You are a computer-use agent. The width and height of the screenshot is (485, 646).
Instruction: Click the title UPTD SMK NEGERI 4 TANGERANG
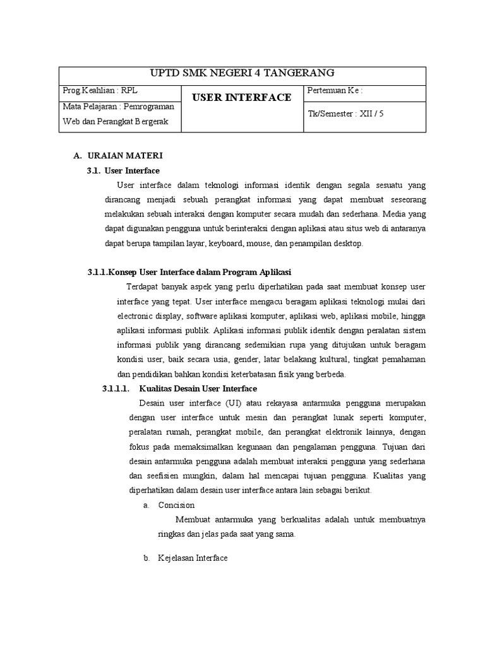click(242, 73)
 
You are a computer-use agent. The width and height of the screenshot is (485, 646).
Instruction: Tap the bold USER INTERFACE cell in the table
click(242, 97)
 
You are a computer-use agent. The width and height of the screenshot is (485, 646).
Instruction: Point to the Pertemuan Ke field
click(335, 90)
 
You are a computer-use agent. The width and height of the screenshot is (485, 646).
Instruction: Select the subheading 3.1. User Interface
click(123, 170)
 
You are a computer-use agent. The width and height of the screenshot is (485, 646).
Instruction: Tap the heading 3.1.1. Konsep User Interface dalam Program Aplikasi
click(189, 272)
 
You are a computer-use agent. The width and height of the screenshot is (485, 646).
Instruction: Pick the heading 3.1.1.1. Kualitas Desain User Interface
click(180, 388)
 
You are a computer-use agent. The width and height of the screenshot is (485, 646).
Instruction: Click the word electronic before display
click(137, 315)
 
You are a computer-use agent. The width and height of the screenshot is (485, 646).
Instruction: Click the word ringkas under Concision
click(171, 534)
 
